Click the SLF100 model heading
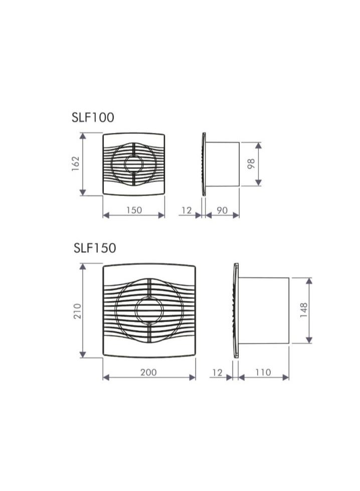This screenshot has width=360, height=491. pos(93,117)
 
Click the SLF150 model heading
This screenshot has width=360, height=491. pos(94,248)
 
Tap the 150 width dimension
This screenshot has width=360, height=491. pos(133,210)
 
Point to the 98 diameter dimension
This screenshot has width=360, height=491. pos(252,164)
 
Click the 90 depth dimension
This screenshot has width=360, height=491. pos(222,210)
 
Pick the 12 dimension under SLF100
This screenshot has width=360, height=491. pos(187,210)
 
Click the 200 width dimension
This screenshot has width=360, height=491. pos(148,372)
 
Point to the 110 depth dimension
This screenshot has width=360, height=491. pos(263,372)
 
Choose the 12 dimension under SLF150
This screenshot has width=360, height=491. pos(217,372)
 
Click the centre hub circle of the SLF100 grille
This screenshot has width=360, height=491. pos(134,164)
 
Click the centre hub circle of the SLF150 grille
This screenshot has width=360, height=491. pos(149,310)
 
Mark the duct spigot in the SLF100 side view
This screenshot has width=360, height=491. pos(223,164)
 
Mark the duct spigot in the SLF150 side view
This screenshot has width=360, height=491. pos(264,310)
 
